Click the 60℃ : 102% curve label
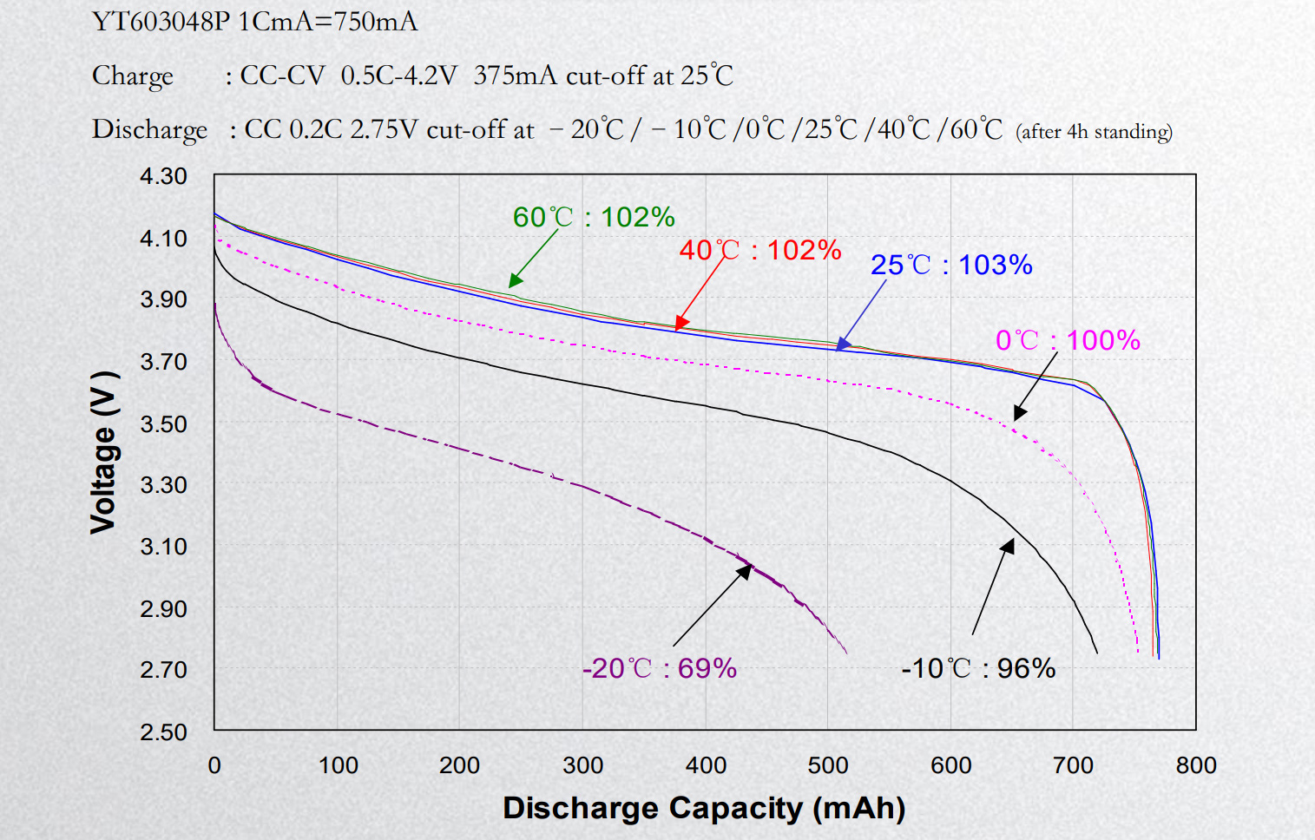pos(594,217)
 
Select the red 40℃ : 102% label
pos(760,250)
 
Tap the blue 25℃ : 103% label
pos(951,265)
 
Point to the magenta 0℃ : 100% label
pos(1068,340)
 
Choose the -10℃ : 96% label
pos(978,668)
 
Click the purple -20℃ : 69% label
pos(660,668)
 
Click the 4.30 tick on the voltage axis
pos(163,176)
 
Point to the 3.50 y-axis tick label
pos(163,424)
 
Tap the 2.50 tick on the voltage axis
pos(163,732)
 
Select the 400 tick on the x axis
pos(706,765)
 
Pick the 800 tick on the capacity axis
pos(1196,765)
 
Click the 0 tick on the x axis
pos(214,765)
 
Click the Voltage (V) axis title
pos(103,451)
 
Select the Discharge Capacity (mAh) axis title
pos(704,808)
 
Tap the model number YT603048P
pos(161,22)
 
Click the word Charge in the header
pos(133,76)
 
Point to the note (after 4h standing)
pos(1094,132)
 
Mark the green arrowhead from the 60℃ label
pos(515,280)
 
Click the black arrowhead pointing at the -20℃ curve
pos(745,571)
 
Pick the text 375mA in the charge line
pos(515,76)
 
